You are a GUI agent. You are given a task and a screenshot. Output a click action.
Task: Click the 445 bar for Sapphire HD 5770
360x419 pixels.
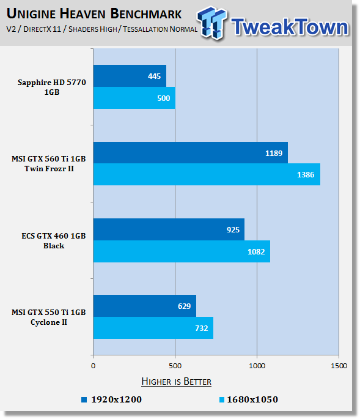point(130,76)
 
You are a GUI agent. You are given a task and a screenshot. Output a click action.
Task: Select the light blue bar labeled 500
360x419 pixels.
point(134,98)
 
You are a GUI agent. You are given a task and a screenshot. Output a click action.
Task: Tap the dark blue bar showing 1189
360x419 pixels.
point(191,152)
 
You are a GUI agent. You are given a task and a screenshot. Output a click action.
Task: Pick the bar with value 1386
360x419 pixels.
point(207,174)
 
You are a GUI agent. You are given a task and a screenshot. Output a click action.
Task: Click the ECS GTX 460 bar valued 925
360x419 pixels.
point(169,229)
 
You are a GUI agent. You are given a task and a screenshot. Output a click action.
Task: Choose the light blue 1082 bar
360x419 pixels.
point(182,251)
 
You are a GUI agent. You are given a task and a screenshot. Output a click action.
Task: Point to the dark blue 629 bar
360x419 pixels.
point(145,306)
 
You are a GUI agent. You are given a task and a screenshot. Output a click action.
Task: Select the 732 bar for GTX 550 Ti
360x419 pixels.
point(153,328)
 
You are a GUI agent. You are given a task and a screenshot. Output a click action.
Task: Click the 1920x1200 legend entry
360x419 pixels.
point(112,399)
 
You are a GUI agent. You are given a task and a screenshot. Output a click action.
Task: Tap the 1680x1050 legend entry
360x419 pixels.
point(249,399)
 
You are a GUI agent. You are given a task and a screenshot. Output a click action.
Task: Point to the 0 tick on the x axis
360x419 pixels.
point(93,366)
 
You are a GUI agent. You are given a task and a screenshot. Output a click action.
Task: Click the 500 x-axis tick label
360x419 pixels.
point(175,366)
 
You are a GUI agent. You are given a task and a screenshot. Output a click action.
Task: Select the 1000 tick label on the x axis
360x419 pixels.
point(257,366)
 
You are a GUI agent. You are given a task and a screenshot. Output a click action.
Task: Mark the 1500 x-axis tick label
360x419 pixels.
point(339,366)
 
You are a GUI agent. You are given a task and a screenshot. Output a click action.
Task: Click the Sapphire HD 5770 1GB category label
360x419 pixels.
point(52,87)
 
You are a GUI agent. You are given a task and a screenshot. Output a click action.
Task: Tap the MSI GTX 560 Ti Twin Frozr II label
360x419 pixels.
point(49,163)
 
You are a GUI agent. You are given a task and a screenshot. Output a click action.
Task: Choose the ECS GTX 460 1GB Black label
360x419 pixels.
point(54,240)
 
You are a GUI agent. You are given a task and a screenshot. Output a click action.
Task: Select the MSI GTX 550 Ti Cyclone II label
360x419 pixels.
point(49,317)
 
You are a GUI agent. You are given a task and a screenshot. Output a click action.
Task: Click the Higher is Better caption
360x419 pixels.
point(176,381)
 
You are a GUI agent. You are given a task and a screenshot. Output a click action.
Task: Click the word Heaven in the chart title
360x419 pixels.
point(83,13)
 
